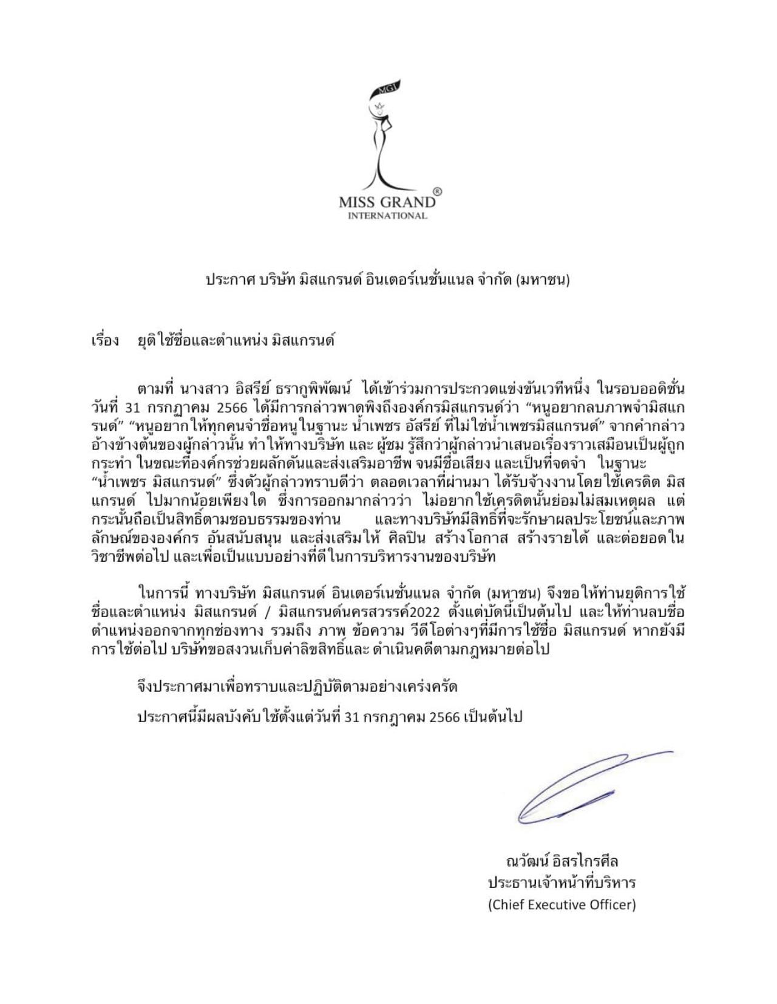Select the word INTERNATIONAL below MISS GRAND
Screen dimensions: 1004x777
(x=387, y=215)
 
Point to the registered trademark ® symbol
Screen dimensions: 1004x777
(x=438, y=191)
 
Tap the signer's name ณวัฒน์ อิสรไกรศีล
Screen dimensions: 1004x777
(x=562, y=861)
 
